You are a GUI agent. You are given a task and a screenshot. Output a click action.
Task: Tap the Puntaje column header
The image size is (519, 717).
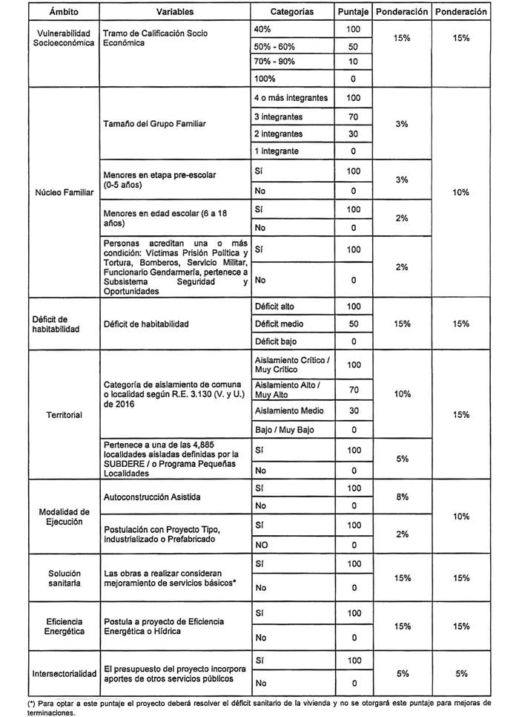coord(353,13)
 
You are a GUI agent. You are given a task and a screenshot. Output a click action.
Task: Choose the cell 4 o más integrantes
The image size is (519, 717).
coord(291,98)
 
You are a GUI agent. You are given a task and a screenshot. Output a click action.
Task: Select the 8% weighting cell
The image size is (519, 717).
coord(403,497)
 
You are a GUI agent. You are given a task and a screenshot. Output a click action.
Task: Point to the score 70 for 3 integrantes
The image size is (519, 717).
coord(353,117)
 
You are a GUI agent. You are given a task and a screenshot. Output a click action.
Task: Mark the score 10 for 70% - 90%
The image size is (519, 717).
coord(353,62)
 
